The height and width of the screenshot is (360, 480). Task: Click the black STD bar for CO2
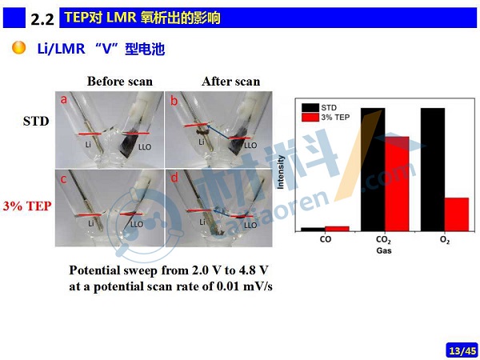(x=373, y=170)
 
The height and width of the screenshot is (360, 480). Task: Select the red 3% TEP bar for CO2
(x=397, y=184)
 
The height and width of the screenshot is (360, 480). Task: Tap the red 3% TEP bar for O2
(x=457, y=214)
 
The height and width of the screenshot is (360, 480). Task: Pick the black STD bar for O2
(x=433, y=170)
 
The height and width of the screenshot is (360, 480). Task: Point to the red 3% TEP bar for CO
(x=337, y=229)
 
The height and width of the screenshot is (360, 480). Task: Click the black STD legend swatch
(x=310, y=108)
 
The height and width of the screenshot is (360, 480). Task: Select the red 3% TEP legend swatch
(x=310, y=118)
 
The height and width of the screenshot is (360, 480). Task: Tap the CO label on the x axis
(x=325, y=239)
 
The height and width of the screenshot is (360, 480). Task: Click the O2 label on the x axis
(x=445, y=240)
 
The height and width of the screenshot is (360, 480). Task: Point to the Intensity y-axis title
(x=281, y=172)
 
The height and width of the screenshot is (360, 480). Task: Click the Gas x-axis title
(x=384, y=250)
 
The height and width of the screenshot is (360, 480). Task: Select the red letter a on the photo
(x=63, y=99)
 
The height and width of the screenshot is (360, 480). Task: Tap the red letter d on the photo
(x=174, y=178)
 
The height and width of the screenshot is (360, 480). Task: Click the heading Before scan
(x=120, y=82)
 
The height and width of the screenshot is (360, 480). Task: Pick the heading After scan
(x=231, y=82)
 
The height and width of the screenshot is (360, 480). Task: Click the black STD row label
(x=36, y=122)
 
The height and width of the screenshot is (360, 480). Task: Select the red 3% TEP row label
(x=27, y=206)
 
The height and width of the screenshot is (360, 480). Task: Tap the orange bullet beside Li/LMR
(x=18, y=48)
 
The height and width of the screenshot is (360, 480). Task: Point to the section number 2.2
(x=42, y=20)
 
